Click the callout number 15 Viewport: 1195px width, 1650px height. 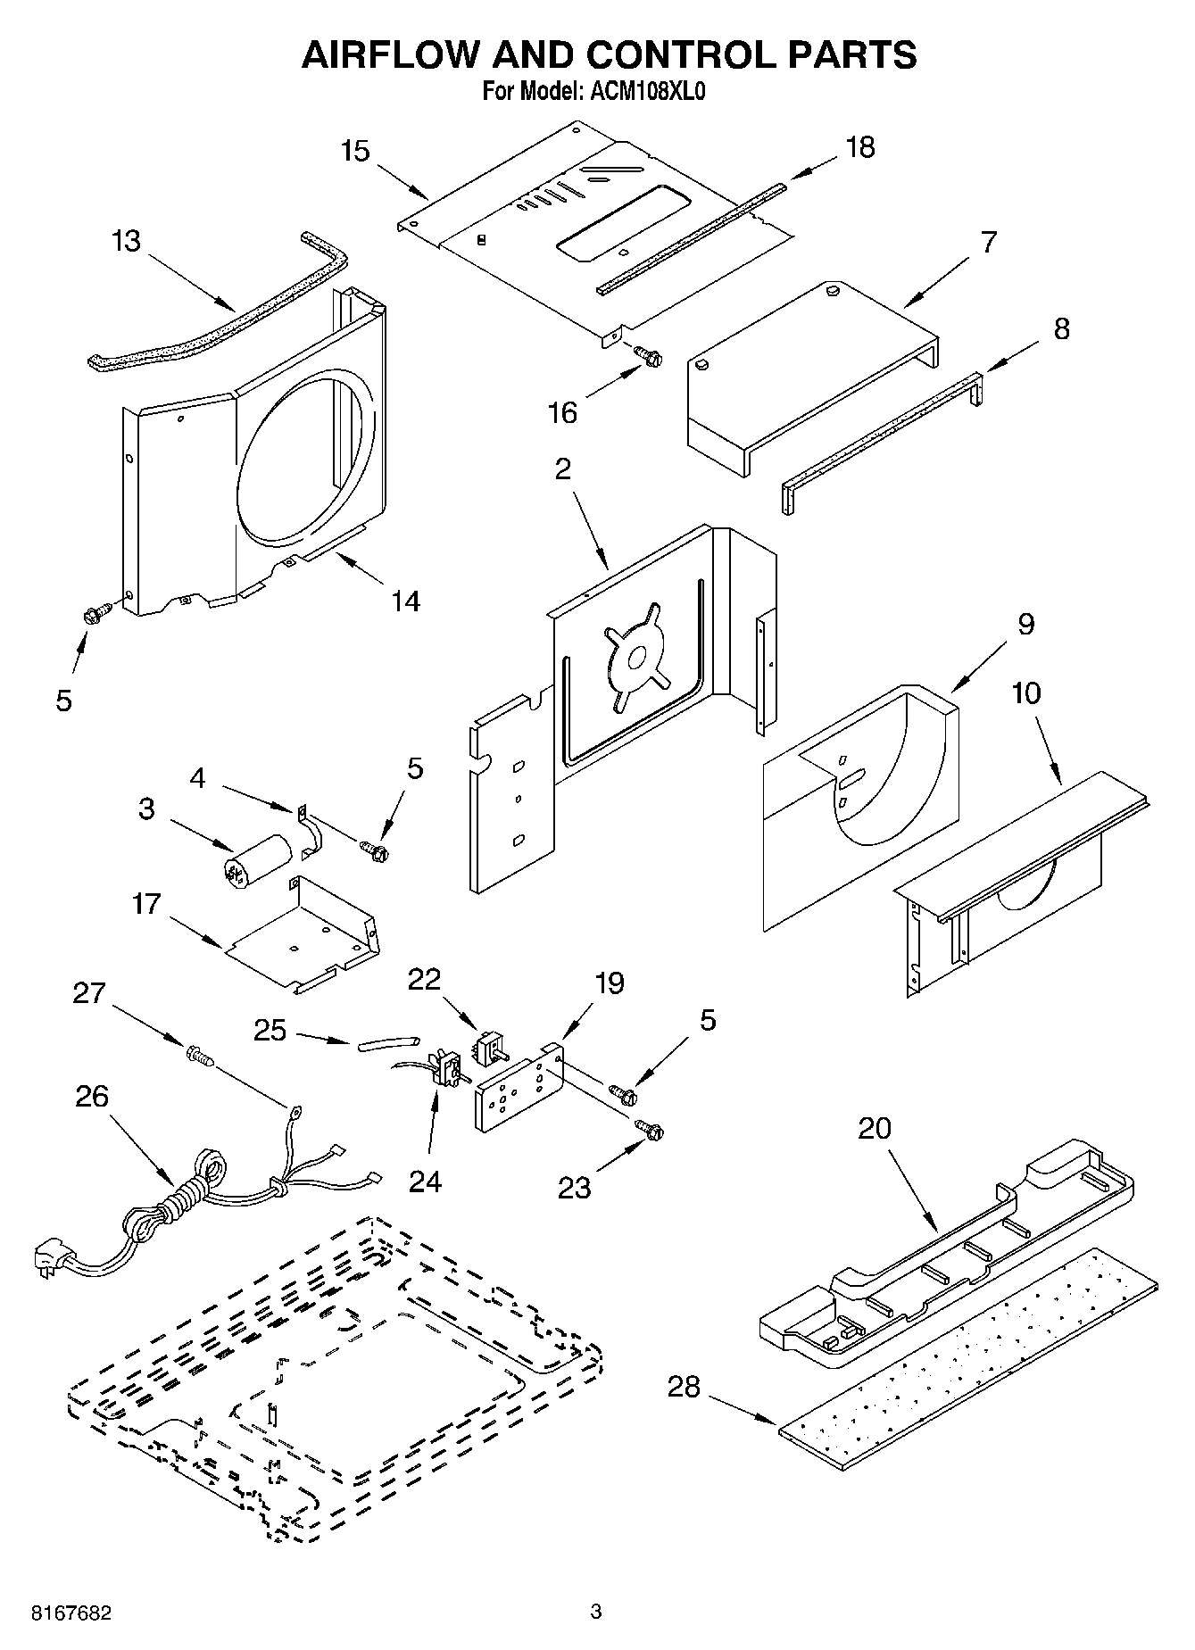point(355,151)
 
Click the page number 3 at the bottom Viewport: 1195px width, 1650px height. point(596,1612)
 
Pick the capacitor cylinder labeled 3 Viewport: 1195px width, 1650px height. point(256,858)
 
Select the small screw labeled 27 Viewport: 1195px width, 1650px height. point(201,1057)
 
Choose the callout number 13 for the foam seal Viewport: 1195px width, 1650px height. point(127,241)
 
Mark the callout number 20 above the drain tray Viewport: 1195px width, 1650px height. point(875,1128)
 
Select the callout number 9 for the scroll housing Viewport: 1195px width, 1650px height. point(1025,624)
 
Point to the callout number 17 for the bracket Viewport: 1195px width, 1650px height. point(145,904)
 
